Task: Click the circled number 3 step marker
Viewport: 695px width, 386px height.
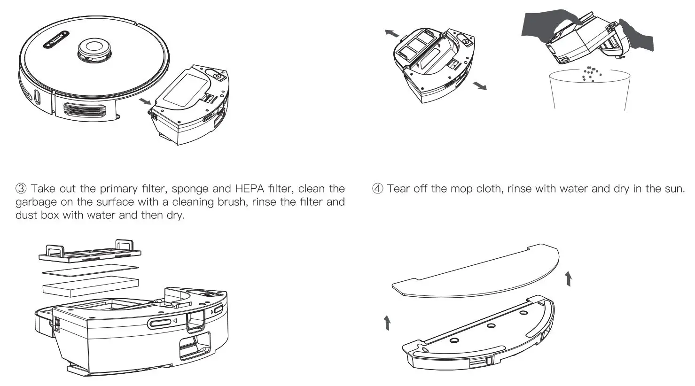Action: point(22,189)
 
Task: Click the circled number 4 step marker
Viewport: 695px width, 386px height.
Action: point(378,189)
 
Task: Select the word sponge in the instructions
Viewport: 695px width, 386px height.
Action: point(190,189)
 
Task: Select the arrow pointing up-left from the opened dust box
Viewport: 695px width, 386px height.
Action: point(391,32)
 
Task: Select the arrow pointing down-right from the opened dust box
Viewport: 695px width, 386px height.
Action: point(479,85)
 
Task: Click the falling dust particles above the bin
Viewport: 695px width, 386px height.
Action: point(591,73)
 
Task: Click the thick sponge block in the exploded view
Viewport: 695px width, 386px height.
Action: point(91,285)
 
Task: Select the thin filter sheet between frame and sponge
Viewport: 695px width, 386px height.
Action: point(90,270)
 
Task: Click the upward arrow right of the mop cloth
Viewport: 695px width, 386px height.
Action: point(569,278)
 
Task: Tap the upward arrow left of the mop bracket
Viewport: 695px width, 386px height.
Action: point(387,323)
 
